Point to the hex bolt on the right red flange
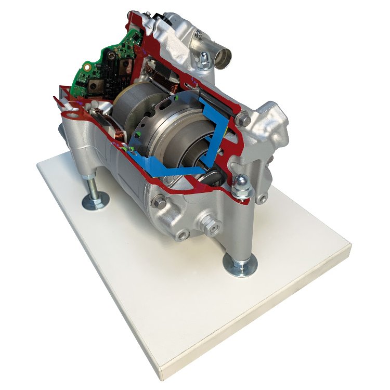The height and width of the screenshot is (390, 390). click(x=240, y=119)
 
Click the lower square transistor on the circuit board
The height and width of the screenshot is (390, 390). click(x=95, y=88)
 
